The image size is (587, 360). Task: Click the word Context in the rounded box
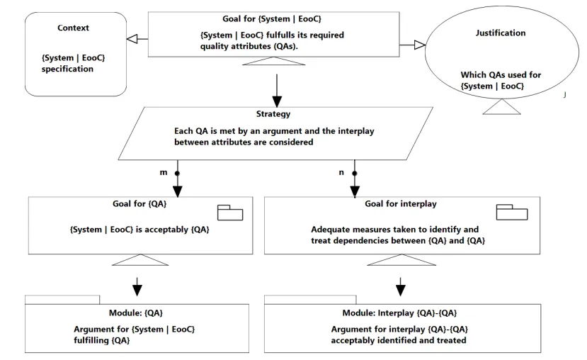[73, 28]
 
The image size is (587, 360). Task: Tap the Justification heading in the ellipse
[501, 33]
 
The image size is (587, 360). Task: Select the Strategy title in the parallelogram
[273, 114]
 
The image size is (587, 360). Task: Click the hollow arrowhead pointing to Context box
[132, 38]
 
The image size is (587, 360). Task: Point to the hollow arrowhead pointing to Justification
[420, 45]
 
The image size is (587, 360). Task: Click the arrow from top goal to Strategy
[277, 91]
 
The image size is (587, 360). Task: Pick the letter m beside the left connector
[164, 173]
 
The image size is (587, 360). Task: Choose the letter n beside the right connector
[341, 173]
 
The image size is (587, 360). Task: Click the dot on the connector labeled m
[178, 174]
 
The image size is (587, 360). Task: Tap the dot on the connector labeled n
[355, 174]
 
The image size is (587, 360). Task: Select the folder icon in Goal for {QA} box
[230, 213]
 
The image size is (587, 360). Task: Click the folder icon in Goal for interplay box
[512, 212]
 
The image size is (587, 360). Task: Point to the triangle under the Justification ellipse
[501, 107]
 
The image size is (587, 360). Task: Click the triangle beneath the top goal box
[273, 61]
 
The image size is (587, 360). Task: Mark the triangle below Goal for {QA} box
[140, 260]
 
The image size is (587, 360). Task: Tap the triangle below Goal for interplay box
[401, 260]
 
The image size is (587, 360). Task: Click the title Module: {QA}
[135, 313]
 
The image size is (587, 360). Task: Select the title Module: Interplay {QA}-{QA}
[399, 313]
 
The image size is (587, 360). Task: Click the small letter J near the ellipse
[564, 95]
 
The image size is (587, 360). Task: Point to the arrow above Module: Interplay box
[401, 287]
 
